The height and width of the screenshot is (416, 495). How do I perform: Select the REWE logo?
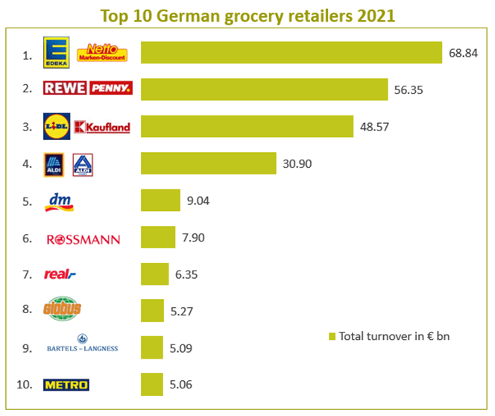click(x=65, y=89)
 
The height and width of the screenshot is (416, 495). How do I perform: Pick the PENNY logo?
click(x=110, y=89)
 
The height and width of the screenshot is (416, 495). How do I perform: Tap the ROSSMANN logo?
click(x=82, y=239)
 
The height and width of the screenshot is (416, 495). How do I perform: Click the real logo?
click(x=60, y=274)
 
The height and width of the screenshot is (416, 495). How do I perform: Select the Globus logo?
click(x=63, y=309)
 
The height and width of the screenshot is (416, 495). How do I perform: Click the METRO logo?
click(x=66, y=385)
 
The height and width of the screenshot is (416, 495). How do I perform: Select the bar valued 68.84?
click(x=291, y=51)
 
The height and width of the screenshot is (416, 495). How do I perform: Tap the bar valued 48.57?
click(x=247, y=126)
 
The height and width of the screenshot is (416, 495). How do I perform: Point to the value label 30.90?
click(x=297, y=163)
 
